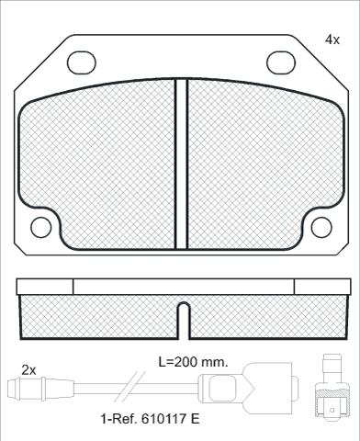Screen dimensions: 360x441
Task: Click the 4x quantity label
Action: coord(332,40)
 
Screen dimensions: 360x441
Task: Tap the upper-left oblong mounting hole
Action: coord(82,62)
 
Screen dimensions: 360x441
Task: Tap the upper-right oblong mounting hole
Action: coord(281,62)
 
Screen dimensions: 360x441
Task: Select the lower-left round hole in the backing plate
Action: coord(40,227)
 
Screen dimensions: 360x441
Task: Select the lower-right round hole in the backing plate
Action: coord(321,227)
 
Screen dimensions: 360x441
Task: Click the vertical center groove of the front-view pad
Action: coord(181,164)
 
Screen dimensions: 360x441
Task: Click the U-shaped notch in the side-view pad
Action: coord(184,320)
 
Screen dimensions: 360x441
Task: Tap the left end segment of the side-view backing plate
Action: coord(45,287)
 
